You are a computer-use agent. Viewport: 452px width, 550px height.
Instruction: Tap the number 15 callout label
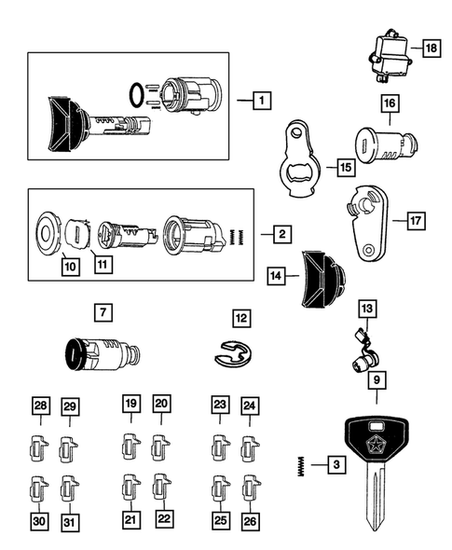point(346,168)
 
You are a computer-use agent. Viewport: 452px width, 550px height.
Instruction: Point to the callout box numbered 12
point(241,319)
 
